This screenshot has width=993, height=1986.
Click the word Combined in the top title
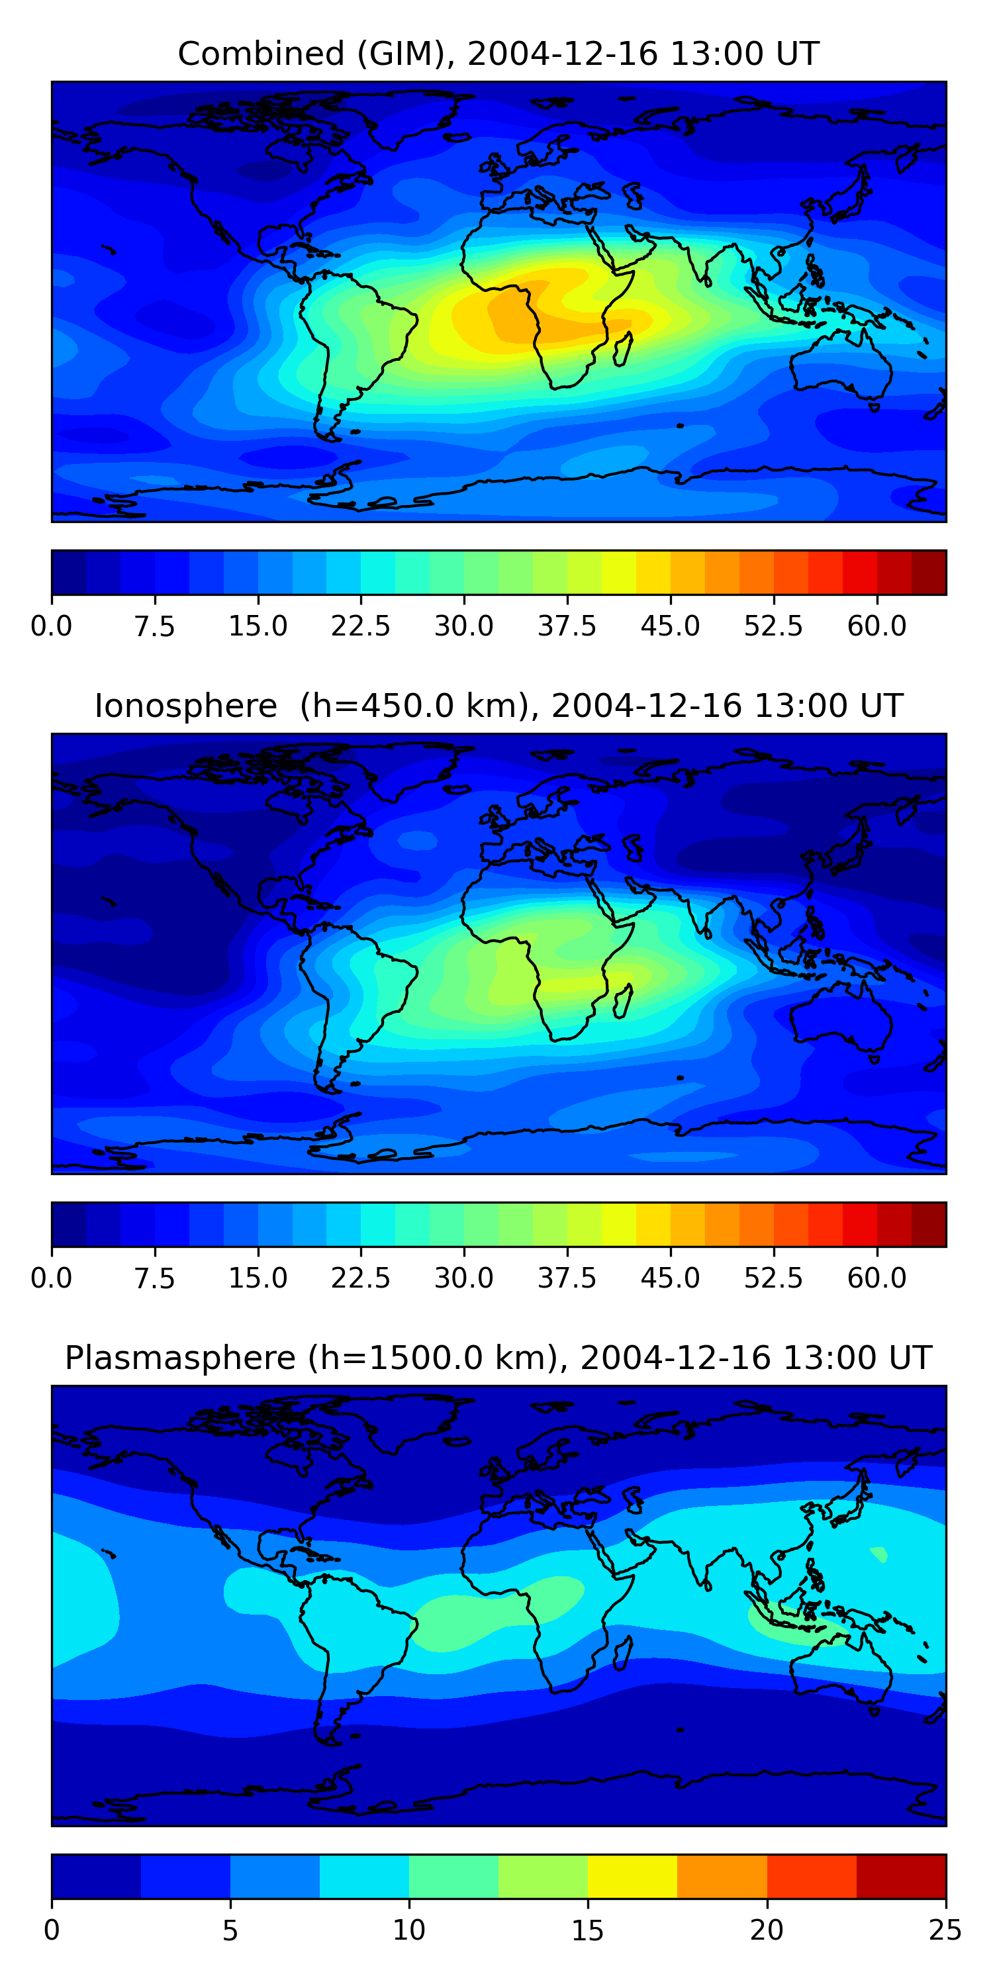click(261, 54)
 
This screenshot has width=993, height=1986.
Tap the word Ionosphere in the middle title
click(185, 706)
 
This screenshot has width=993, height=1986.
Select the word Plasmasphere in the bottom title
click(179, 1358)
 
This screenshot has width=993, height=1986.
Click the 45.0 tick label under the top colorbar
click(670, 626)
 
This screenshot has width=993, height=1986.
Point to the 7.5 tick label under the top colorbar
click(154, 626)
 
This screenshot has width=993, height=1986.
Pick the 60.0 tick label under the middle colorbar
click(876, 1278)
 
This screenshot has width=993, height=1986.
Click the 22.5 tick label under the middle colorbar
click(361, 1278)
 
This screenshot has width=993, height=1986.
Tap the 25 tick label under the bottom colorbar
click(945, 1930)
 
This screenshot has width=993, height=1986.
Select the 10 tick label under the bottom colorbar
click(408, 1930)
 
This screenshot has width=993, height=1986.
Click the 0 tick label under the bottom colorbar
click(52, 1930)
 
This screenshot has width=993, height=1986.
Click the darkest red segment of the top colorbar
click(928, 573)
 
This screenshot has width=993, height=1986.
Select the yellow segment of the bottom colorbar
click(632, 1877)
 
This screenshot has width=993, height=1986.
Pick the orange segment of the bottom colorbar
click(722, 1877)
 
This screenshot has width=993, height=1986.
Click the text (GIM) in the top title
click(406, 54)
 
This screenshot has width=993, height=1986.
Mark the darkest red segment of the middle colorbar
click(928, 1224)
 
